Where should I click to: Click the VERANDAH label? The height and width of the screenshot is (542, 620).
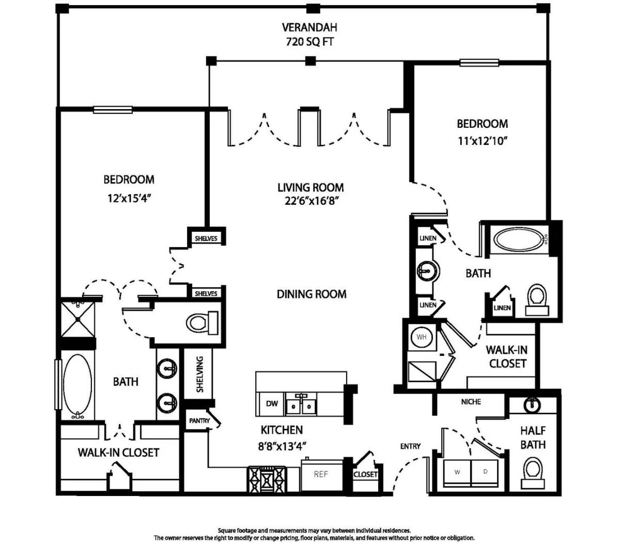click(x=309, y=27)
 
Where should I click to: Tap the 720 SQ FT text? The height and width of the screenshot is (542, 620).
click(x=309, y=41)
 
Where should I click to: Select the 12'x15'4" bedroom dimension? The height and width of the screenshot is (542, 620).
click(x=129, y=199)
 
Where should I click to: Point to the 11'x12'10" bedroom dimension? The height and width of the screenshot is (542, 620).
click(x=483, y=141)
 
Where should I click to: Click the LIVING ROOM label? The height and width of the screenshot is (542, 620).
click(x=311, y=187)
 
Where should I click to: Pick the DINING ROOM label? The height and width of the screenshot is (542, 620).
click(x=312, y=294)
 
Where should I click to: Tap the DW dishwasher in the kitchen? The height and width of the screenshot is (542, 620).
click(x=272, y=404)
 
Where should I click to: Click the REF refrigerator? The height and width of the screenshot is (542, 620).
click(x=322, y=474)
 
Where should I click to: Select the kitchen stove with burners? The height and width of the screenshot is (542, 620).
click(x=267, y=478)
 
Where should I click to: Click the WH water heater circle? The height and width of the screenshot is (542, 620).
click(x=422, y=337)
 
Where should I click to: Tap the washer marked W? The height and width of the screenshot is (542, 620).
click(x=457, y=472)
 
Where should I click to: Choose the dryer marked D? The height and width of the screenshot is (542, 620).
click(x=485, y=472)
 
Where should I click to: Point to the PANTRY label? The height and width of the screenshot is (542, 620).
click(x=199, y=420)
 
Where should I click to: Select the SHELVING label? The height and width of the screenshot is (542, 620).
click(x=199, y=374)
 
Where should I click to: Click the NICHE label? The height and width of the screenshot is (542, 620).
click(x=471, y=402)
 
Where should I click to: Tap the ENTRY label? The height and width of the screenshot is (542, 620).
click(x=410, y=446)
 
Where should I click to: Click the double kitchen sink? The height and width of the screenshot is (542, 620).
click(x=301, y=404)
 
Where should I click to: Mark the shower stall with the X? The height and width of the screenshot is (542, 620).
click(x=78, y=319)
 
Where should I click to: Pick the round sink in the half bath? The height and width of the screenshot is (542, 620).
click(x=532, y=405)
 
